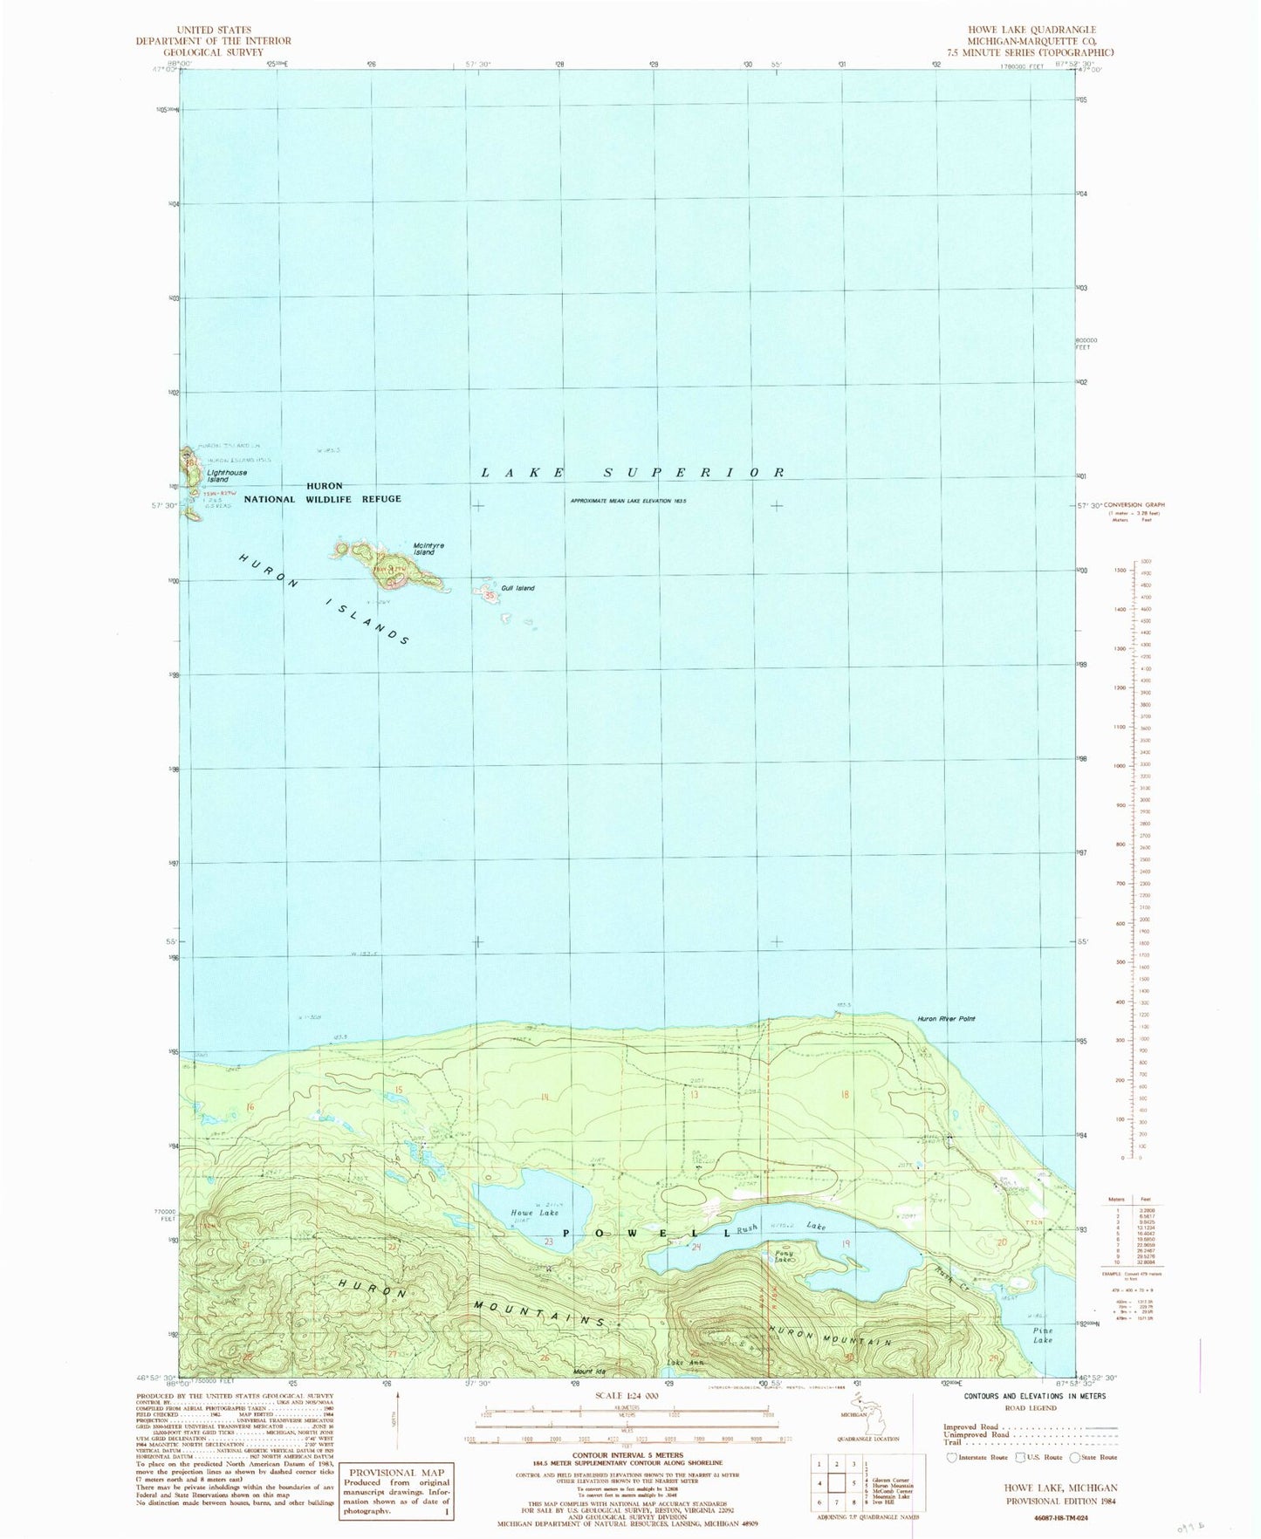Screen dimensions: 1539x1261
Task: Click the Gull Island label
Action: (x=517, y=588)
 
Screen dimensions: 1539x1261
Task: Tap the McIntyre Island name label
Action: (x=428, y=549)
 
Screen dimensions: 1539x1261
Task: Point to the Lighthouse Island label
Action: (x=227, y=476)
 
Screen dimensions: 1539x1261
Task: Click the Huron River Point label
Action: (x=945, y=1019)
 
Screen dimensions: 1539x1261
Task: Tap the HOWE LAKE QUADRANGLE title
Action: (x=1038, y=30)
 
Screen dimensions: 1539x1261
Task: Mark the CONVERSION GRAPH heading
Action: (x=1134, y=505)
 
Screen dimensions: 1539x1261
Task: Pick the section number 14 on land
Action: (x=546, y=1097)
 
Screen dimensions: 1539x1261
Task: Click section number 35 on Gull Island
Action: (x=490, y=596)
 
